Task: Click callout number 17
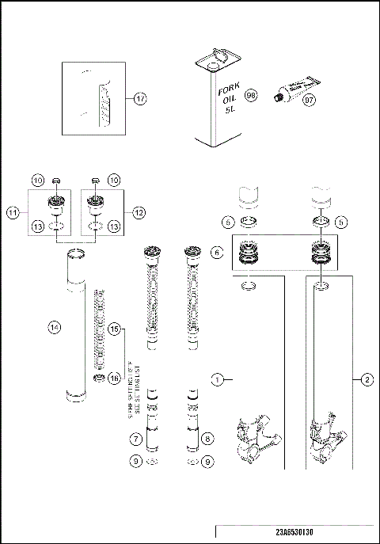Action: click(x=140, y=99)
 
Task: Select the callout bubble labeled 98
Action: click(x=252, y=94)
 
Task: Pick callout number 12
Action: click(x=139, y=212)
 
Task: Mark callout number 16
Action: click(x=114, y=379)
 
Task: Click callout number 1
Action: click(x=218, y=380)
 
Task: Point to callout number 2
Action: click(x=367, y=380)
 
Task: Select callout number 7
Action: click(x=136, y=438)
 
